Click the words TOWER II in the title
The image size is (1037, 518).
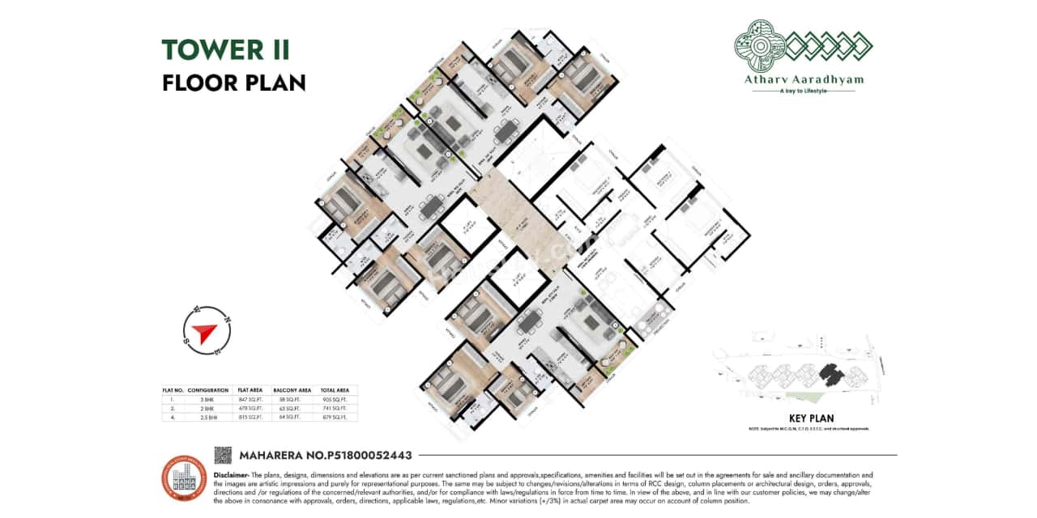tap(225, 50)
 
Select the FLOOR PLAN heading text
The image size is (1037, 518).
tap(233, 83)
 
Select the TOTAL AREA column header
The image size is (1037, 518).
tap(334, 390)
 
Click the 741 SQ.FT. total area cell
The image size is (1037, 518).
tap(334, 409)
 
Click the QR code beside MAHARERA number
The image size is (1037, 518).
tap(223, 455)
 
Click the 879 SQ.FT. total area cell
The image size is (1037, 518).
tap(334, 418)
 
